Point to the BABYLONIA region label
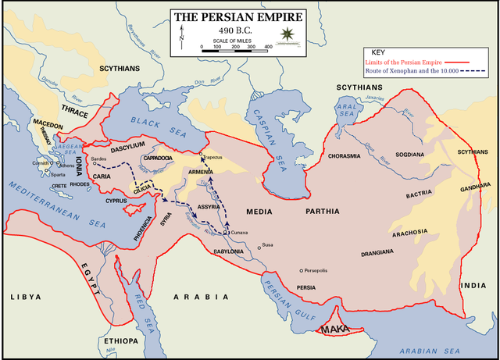[x=235, y=251]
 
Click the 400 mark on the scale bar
[x=267, y=47]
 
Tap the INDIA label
[x=473, y=286]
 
